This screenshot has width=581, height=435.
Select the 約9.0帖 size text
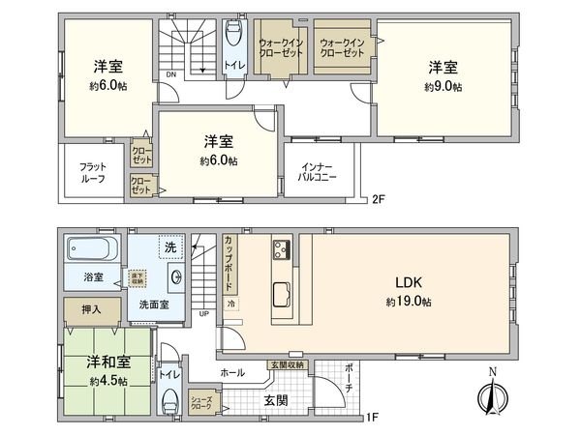tap(442, 86)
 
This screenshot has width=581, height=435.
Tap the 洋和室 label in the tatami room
tap(107, 363)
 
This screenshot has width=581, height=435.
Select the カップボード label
tap(229, 264)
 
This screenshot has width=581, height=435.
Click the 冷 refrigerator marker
tap(231, 303)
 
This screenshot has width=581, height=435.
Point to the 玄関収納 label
tap(287, 364)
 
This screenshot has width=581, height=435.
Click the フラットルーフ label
tap(93, 173)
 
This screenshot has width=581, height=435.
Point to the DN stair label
tap(170, 74)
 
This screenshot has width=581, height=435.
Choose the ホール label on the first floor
tap(232, 370)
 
